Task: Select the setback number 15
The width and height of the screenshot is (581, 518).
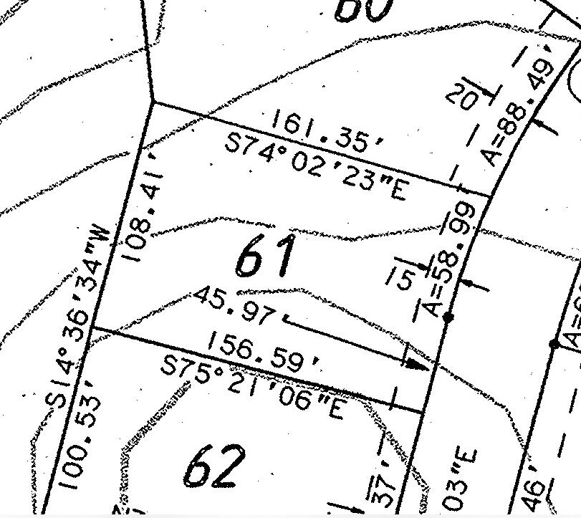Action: coord(403,275)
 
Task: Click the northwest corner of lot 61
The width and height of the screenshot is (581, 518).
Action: coord(154,102)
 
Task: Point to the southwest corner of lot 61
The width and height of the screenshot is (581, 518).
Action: coord(93,330)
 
